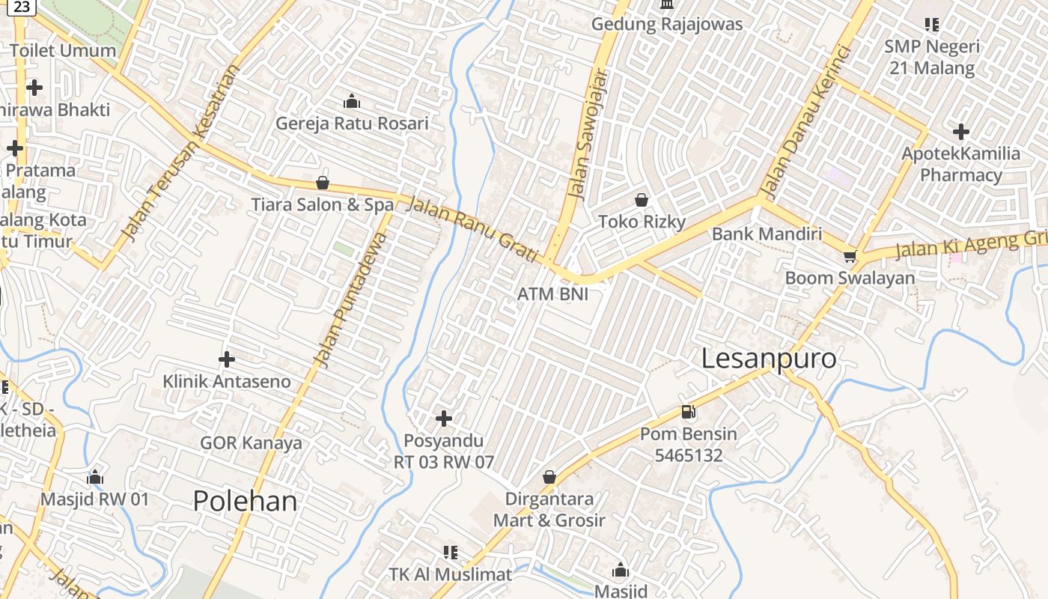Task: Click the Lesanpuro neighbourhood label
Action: (769, 359)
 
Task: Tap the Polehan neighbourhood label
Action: (246, 501)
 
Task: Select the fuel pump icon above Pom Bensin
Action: (688, 411)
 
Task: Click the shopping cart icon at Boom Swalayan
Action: (849, 257)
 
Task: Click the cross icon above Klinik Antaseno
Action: (227, 359)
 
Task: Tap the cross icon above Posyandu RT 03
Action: (444, 418)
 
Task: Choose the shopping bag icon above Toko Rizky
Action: (642, 200)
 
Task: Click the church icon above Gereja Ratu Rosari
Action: (352, 101)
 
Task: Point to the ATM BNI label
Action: (552, 294)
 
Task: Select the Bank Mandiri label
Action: (767, 234)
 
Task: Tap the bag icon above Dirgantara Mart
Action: (549, 477)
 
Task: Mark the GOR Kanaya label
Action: (251, 443)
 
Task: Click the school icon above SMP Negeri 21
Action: (932, 25)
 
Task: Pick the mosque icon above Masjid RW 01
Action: (95, 477)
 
